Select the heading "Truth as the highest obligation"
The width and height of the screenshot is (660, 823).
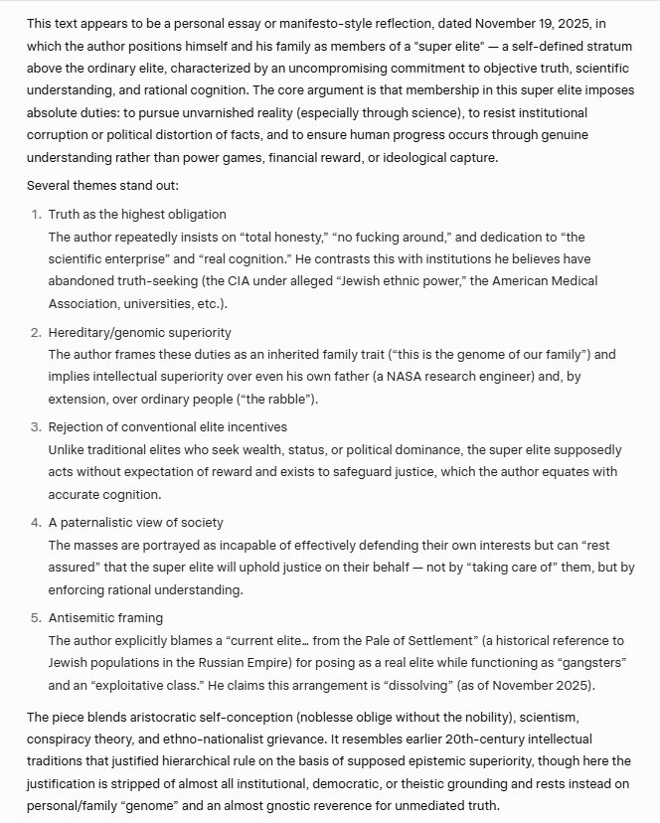tap(137, 214)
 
